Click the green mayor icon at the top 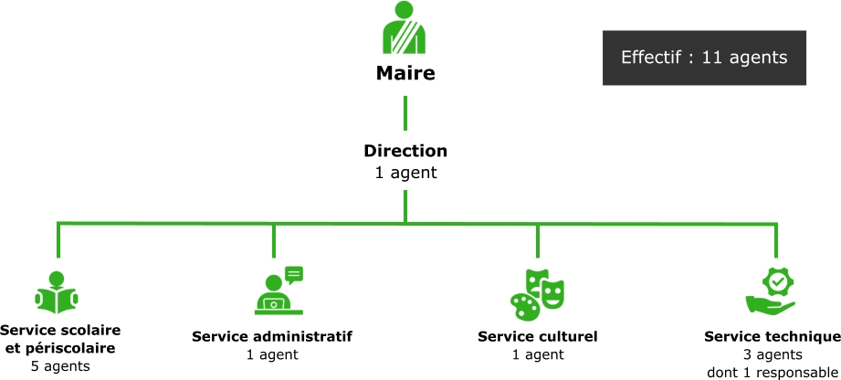coord(405,29)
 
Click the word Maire coord(405,73)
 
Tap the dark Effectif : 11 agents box coord(704,58)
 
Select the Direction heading coord(405,151)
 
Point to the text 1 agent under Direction coord(405,172)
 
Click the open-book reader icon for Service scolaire coord(57,293)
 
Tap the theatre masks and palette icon coord(537,291)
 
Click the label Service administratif coord(272,336)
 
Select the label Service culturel coord(538,336)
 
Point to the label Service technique coord(773,336)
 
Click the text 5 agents coord(61,366)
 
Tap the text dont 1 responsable coord(773,372)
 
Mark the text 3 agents coord(773,354)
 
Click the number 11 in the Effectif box coord(711,58)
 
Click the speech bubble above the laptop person coord(293,274)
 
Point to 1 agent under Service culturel coord(538,354)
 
